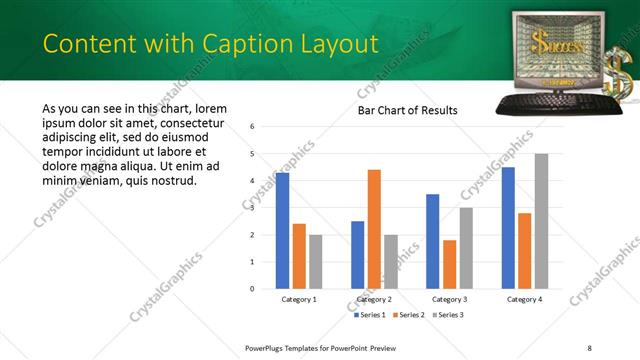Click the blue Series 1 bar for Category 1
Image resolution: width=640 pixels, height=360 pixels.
[x=282, y=231]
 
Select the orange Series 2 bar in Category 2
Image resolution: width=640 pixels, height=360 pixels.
[x=374, y=229]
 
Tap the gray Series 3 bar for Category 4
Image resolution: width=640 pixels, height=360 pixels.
[x=541, y=221]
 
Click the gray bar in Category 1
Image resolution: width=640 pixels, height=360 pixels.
[x=316, y=261]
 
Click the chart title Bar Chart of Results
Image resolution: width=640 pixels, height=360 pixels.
[x=407, y=110]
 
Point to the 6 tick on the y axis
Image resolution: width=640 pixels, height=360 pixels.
[x=253, y=127]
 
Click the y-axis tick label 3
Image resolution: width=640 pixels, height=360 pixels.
[x=253, y=208]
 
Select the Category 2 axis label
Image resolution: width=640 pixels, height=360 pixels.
[x=374, y=299]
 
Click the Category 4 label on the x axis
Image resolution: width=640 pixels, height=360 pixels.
[x=524, y=299]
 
